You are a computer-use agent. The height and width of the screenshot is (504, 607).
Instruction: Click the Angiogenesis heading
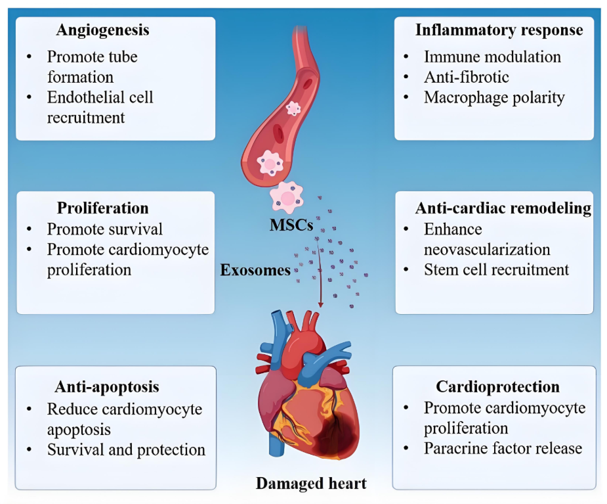[102, 30]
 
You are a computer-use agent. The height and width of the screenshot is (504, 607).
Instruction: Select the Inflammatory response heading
[499, 30]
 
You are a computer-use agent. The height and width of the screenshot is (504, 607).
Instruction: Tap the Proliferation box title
[102, 208]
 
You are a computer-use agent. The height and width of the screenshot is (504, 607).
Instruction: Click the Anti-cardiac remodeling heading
[503, 208]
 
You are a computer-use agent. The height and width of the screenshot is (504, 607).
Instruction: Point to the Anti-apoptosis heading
[107, 386]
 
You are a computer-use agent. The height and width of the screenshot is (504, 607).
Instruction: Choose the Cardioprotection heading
[497, 386]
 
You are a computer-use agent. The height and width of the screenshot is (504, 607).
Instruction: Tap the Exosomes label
[256, 270]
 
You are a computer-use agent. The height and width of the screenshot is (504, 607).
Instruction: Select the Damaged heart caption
[310, 484]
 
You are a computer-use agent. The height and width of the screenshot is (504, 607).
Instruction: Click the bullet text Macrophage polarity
[493, 98]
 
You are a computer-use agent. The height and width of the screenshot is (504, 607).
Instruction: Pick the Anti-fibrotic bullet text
[466, 78]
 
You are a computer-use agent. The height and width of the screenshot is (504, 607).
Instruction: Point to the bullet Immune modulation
[492, 57]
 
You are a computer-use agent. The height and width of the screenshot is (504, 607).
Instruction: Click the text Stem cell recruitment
[496, 270]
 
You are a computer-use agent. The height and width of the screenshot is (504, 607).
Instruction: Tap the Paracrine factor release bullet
[503, 449]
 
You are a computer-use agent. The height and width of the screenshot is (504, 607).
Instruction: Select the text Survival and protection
[126, 450]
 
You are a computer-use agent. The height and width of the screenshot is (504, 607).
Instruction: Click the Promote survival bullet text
[105, 229]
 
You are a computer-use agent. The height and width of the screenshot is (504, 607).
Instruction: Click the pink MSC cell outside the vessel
[287, 196]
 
